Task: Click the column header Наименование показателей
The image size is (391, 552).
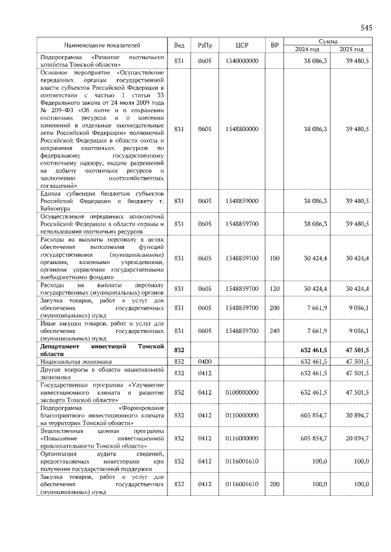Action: coord(103,45)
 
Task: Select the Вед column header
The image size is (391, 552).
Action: coord(179,45)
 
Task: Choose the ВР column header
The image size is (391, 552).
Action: coord(275,45)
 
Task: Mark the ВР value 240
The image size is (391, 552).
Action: coord(274,330)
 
